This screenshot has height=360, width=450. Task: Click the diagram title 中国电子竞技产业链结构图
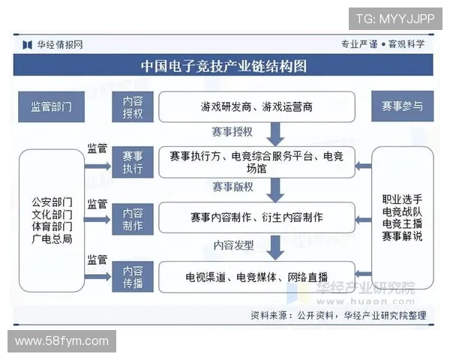point(224,66)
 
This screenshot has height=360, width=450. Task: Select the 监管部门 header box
point(51,106)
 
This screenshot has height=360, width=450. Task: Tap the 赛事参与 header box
point(402,106)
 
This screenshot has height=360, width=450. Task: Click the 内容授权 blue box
point(132,106)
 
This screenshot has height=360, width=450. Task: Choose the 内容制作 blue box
point(132,217)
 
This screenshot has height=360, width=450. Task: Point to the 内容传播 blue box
point(132,275)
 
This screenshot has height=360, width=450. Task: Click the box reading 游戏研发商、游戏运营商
point(256,106)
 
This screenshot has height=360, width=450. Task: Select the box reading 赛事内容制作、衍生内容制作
point(256,217)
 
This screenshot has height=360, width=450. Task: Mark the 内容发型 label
point(234,244)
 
